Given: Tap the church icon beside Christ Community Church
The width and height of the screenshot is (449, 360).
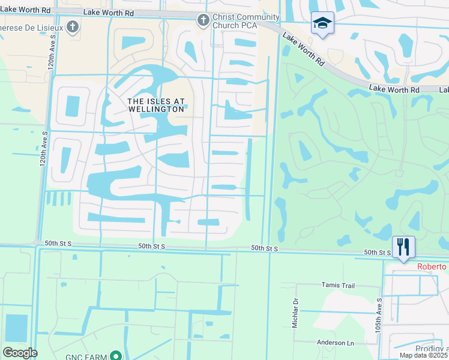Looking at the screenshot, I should point(203,20).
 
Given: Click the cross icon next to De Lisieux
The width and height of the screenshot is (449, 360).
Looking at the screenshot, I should point(73,27).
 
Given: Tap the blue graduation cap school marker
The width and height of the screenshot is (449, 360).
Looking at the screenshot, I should point(322,23).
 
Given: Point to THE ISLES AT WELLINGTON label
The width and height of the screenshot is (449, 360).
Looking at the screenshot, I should point(155,106).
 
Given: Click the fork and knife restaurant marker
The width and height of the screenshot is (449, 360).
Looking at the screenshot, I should point(403,247).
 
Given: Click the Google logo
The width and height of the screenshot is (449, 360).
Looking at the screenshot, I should point(20,353).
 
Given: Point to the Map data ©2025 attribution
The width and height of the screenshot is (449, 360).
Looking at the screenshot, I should point(424,355).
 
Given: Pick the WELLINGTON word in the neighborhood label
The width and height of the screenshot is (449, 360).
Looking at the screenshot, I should point(155,110).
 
